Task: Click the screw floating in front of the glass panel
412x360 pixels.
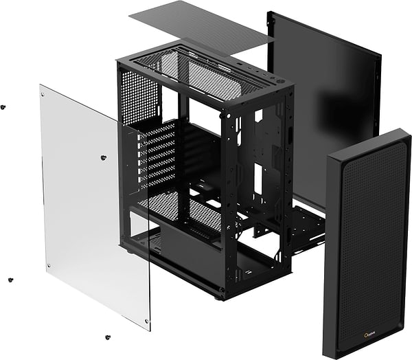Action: point(103,157)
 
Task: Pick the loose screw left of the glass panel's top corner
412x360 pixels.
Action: point(3,107)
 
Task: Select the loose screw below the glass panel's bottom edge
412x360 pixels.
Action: point(108,337)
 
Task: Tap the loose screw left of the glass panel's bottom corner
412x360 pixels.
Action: point(10,280)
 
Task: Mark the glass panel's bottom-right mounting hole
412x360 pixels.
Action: point(146,321)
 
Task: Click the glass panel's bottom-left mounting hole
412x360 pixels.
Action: point(48,266)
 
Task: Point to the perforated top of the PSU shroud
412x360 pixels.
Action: point(175,210)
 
